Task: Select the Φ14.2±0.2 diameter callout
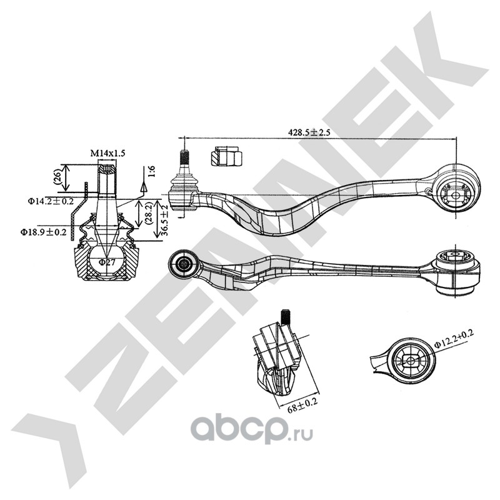(51, 201)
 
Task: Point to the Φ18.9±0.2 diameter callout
(42, 232)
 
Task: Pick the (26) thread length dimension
(57, 176)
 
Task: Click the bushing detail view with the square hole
(410, 360)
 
